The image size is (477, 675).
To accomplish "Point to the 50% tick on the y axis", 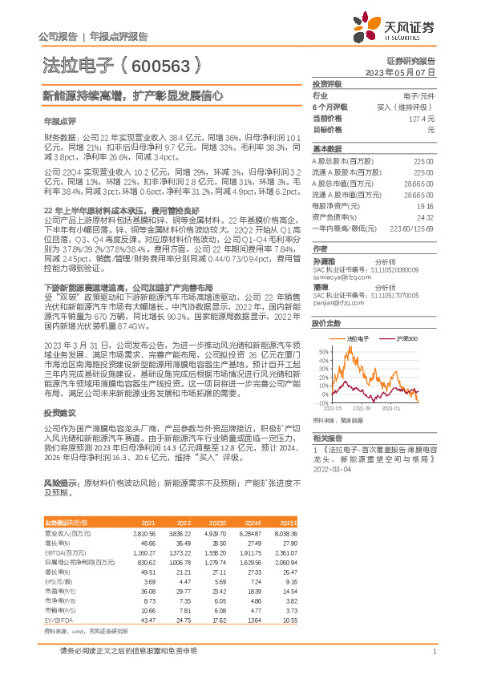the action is [323, 351].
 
